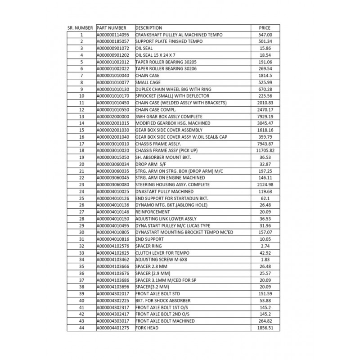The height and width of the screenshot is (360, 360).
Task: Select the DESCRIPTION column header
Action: pos(148,28)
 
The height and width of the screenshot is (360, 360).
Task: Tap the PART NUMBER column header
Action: pos(112,28)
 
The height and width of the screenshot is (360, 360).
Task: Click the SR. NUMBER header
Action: pos(80,28)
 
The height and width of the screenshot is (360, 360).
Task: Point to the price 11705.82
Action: pos(265,150)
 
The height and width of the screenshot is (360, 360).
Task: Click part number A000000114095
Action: pos(113,35)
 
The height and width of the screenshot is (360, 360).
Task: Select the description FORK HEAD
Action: pos(147,328)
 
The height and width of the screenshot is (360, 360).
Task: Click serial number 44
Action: pos(82,328)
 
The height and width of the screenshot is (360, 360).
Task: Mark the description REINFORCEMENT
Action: pos(154,211)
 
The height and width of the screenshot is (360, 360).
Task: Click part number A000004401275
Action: pos(113,328)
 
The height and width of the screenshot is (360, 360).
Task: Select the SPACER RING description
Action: pos(149,246)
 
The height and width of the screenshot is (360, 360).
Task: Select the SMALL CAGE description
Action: pos(148,82)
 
